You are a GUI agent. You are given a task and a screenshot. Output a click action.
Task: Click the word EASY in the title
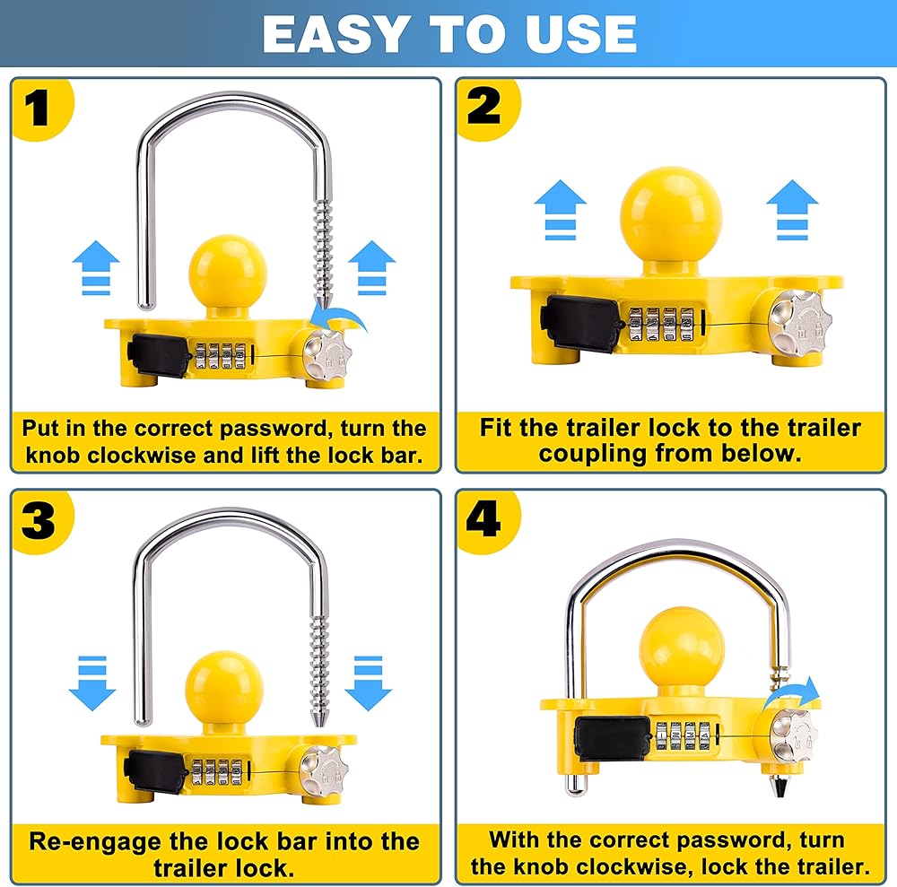[x=336, y=34]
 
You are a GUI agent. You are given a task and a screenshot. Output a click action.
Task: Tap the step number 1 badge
[x=39, y=109]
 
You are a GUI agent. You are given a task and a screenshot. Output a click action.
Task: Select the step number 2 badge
[x=486, y=108]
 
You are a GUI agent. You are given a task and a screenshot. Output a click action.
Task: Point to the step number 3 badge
[x=39, y=521]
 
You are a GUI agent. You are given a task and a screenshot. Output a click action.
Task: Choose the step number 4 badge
[x=485, y=520]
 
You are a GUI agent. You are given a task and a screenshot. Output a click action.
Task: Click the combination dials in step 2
[x=662, y=325]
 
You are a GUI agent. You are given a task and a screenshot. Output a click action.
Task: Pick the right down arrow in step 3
[x=369, y=683]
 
